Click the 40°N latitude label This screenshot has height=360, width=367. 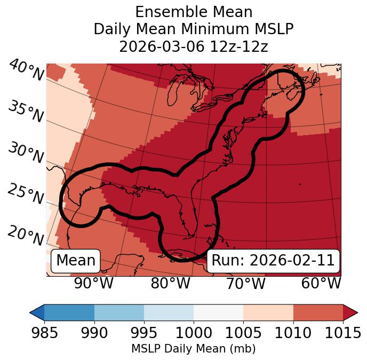coord(26,70)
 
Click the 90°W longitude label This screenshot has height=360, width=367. coord(93,283)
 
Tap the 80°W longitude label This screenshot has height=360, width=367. coord(170,283)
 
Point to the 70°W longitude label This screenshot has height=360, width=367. coord(245,283)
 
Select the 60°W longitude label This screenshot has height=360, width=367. coord(321,283)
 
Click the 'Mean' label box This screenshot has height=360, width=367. coord(76,261)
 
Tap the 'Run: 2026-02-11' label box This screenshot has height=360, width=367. coord(273,261)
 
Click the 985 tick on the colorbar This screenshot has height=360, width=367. coord(44,333)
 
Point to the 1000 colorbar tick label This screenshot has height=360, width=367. coord(194,333)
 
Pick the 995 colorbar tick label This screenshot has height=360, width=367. coord(144,333)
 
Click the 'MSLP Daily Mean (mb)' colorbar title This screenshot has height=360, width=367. coord(193,349)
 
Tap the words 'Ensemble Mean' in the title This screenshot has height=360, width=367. coord(193,12)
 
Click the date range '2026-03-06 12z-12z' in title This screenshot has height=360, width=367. coord(193,46)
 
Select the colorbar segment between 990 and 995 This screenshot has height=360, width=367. coord(119,312)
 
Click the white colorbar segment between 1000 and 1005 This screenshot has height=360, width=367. coord(218,312)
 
